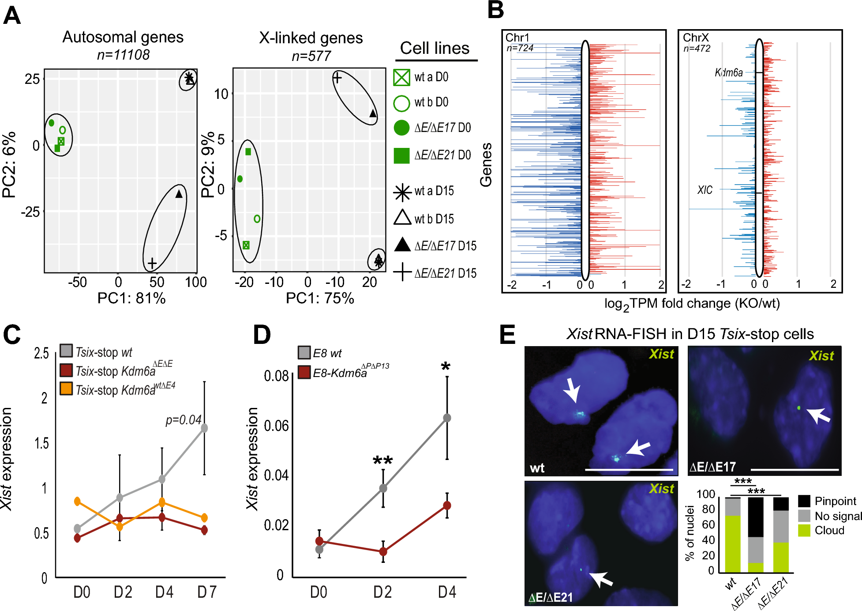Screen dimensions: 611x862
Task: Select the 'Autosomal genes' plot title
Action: point(123,37)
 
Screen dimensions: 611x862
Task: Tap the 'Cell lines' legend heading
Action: point(435,48)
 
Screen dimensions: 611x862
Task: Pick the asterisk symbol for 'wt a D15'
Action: point(402,192)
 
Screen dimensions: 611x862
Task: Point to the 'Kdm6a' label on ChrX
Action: point(728,72)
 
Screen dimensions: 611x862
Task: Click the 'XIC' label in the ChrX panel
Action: point(705,190)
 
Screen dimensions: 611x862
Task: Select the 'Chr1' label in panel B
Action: point(517,38)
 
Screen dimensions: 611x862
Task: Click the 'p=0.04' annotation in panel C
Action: point(184,420)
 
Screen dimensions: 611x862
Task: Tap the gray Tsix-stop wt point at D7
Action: point(204,428)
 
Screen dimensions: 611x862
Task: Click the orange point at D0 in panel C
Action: point(78,501)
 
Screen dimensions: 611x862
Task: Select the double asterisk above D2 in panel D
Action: point(382,461)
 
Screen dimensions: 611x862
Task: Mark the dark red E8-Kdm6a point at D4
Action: point(447,505)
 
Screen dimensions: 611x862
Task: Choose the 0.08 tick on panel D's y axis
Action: point(276,376)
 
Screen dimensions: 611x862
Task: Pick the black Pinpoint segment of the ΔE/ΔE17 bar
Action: point(756,517)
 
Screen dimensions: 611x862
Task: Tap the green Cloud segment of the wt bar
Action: point(733,544)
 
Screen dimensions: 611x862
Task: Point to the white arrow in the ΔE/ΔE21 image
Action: point(601,578)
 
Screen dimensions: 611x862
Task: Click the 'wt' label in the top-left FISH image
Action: point(537,468)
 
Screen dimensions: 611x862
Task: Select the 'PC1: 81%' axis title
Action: point(131,298)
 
